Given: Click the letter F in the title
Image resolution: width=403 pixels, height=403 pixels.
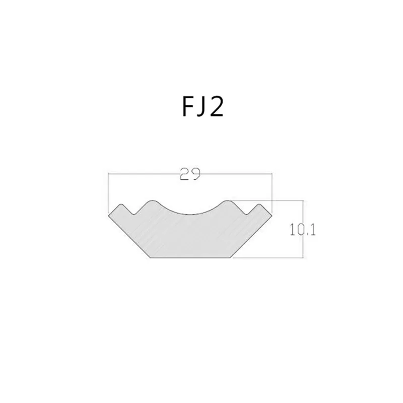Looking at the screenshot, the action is (x=187, y=107).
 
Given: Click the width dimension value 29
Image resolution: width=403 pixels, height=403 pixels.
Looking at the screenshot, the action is (x=190, y=174).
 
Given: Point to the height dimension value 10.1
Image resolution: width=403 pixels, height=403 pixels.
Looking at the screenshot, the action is (x=303, y=230).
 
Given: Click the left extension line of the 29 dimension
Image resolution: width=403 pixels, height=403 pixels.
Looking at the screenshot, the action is (x=108, y=194).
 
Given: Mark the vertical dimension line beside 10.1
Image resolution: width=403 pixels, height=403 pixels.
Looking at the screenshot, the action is (x=303, y=229).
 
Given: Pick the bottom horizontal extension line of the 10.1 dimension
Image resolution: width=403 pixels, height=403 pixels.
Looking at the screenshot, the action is (x=267, y=257).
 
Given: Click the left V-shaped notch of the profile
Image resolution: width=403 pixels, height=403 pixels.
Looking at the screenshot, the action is (x=133, y=213).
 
